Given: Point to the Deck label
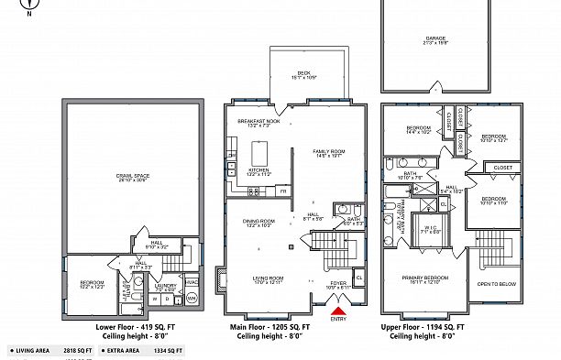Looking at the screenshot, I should [x=303, y=75].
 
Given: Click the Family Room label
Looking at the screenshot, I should [x=328, y=154].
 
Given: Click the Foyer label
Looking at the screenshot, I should [x=339, y=285].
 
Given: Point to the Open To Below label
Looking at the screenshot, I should [x=497, y=285].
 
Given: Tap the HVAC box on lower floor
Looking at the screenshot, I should [x=192, y=282].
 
